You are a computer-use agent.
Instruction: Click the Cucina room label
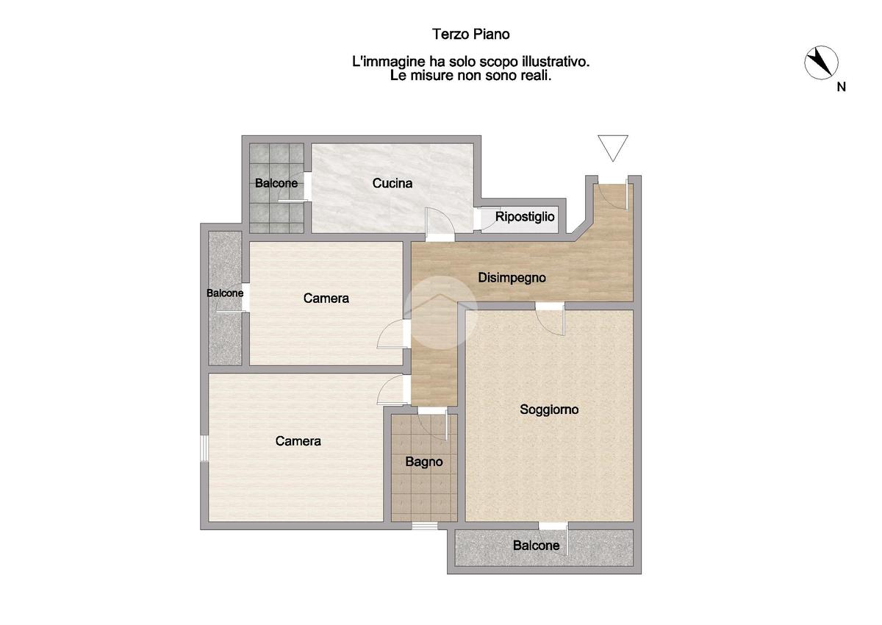392,183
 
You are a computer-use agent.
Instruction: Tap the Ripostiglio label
525,217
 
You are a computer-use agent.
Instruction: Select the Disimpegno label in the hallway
512,278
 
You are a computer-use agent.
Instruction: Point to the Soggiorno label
549,410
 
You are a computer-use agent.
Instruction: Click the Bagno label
423,462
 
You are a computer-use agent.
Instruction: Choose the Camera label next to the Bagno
298,441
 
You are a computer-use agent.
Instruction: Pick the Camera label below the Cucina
326,298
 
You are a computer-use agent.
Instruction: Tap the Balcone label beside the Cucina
276,183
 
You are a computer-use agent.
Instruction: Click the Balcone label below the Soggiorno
536,546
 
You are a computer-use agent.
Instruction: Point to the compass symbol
821,63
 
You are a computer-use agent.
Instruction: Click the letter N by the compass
841,87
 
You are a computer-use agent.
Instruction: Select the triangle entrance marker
613,148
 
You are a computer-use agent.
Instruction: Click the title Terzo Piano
471,35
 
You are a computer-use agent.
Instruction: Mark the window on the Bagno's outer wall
425,526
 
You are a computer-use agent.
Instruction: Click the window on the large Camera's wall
204,449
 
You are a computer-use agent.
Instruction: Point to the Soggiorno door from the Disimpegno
550,319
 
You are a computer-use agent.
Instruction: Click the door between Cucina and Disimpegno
440,224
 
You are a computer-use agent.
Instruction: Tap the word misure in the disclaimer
432,76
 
